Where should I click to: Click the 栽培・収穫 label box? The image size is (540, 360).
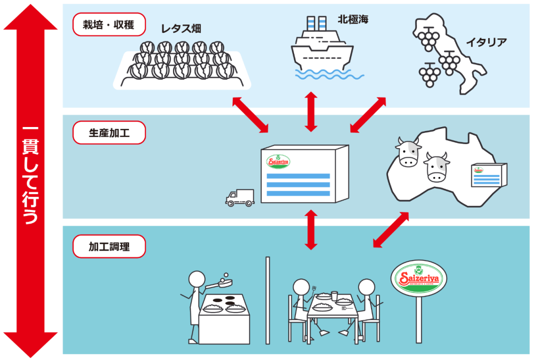click(109, 24)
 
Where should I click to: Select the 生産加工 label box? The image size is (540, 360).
click(109, 133)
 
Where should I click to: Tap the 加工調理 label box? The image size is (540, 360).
click(109, 246)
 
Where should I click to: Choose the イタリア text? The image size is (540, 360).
click(486, 42)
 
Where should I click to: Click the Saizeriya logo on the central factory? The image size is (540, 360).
click(278, 161)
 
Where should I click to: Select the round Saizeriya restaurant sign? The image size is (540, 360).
click(418, 278)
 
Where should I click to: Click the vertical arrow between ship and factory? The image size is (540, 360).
click(311, 111)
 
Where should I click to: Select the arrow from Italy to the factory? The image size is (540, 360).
click(368, 115)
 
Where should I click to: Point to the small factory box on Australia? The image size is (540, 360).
click(488, 175)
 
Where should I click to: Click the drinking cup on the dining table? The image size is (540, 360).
click(334, 295)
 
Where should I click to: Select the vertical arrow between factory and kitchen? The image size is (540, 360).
click(311, 229)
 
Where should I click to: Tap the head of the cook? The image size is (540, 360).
click(196, 279)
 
